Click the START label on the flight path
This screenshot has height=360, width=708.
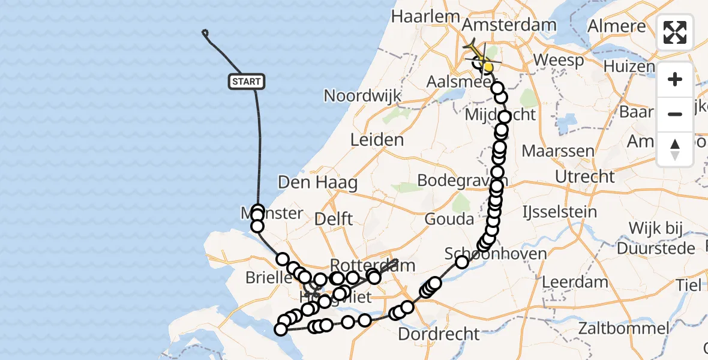246,82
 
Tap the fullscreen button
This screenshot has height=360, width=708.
675,32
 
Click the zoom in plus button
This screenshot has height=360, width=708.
675,80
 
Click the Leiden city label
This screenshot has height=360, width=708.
377,140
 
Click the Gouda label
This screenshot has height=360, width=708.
449,219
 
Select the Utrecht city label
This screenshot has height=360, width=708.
585,177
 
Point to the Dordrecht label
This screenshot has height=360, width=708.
439,334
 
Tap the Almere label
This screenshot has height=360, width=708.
616,26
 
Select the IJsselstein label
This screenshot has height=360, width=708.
560,212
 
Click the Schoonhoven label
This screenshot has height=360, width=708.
496,254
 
